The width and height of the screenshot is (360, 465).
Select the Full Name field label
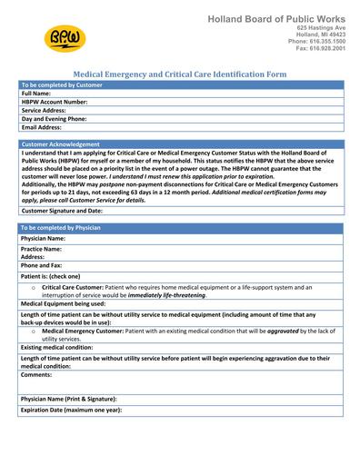click(36, 94)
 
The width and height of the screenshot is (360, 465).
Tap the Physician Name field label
click(43, 238)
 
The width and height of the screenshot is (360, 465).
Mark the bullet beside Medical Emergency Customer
click(33, 331)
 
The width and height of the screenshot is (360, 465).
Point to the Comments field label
click(36, 373)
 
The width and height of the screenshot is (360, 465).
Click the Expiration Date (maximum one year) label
click(70, 411)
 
